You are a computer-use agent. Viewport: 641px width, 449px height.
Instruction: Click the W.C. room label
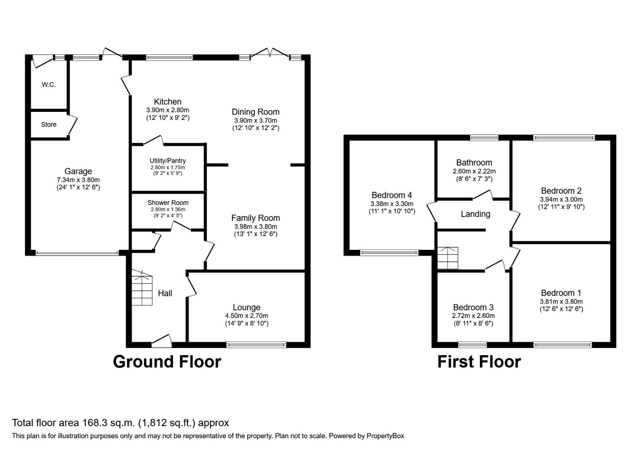click(x=48, y=85)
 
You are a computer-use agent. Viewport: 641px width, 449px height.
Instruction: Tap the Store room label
click(x=48, y=125)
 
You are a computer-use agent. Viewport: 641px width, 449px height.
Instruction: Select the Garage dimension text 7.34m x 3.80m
click(x=78, y=180)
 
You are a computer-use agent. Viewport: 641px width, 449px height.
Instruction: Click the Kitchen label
click(x=167, y=102)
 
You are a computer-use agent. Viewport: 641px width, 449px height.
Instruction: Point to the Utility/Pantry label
click(x=167, y=161)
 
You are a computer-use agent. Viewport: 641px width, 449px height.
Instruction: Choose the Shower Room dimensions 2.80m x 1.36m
click(x=167, y=209)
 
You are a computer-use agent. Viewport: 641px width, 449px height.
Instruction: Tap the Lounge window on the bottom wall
click(x=256, y=344)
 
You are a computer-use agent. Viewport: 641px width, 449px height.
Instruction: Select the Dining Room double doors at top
click(x=270, y=53)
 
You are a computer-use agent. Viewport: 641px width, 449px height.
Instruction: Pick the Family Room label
click(x=255, y=218)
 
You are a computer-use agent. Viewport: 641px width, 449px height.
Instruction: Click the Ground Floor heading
click(x=167, y=362)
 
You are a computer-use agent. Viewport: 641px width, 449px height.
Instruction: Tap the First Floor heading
click(x=479, y=362)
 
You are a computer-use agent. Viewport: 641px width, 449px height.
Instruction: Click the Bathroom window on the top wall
click(x=484, y=138)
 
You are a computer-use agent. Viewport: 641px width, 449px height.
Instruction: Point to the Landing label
click(x=475, y=214)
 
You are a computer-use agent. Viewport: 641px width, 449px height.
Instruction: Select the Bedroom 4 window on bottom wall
click(x=389, y=253)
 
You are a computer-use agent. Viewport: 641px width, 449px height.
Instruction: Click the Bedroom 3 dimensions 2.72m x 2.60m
click(x=473, y=316)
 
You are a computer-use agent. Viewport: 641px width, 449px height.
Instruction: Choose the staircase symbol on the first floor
click(x=447, y=258)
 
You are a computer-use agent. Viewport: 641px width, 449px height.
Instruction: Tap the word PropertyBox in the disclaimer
click(x=385, y=436)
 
